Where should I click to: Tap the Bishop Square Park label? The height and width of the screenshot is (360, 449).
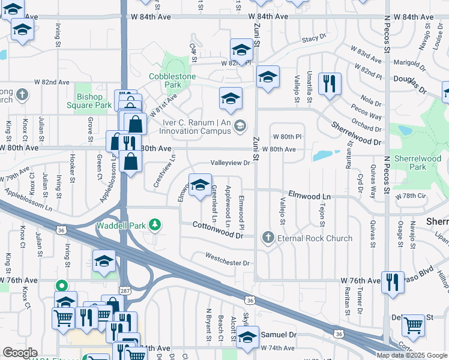pyautogui.click(x=94, y=100)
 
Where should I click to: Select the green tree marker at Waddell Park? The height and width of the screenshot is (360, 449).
pyautogui.click(x=155, y=225)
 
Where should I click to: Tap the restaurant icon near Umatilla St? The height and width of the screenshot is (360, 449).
pyautogui.click(x=328, y=83)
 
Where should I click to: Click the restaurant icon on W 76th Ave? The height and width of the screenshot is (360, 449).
pyautogui.click(x=393, y=281)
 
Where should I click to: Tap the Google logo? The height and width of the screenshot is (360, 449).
pyautogui.click(x=20, y=353)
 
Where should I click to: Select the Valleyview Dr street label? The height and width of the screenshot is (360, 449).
pyautogui.click(x=230, y=163)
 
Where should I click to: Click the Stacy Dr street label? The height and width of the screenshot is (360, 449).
pyautogui.click(x=313, y=38)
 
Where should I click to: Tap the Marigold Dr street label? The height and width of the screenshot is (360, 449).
pyautogui.click(x=411, y=62)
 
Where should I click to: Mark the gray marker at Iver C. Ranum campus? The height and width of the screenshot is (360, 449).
pyautogui.click(x=240, y=125)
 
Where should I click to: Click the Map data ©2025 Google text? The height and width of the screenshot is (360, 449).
pyautogui.click(x=411, y=355)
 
